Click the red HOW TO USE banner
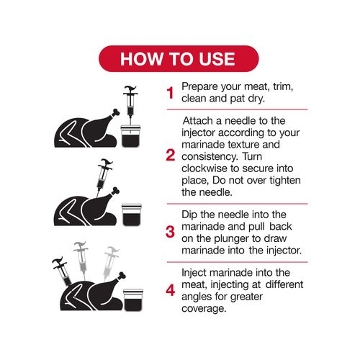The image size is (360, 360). coord(179,58)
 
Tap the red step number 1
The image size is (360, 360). coord(170,93)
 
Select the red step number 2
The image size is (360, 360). coord(171,156)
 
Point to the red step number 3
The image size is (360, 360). coord(170,232)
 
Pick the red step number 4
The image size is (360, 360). coord(171,290)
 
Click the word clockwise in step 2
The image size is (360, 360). coord(204,168)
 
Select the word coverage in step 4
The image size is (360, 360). coord(204,309)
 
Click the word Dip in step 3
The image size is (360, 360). coord(189,215)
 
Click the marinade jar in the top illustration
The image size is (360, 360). coord(130,136)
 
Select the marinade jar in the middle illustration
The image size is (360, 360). coord(132,215)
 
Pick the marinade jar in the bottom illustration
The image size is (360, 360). coord(133,300)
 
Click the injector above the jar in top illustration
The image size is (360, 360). coord(130,106)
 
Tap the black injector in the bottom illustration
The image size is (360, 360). coord(62,271)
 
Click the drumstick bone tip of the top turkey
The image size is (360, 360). coord(116,112)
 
